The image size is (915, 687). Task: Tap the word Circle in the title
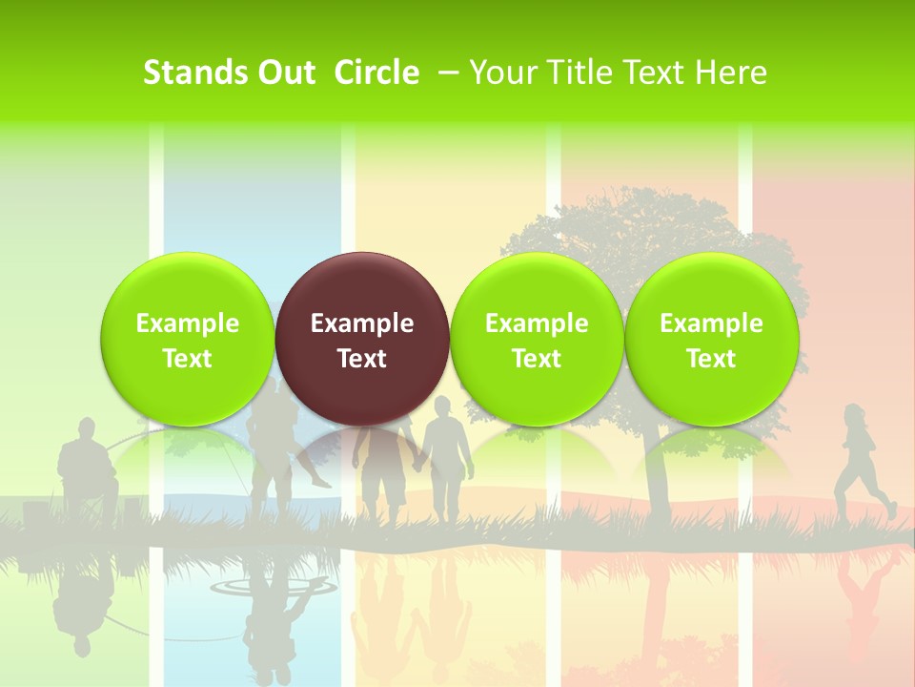point(376,73)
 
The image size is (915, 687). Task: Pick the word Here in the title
point(731,73)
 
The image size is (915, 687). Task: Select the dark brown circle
point(362,340)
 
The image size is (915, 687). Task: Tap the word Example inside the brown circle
point(362,323)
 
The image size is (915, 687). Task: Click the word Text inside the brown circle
point(362,359)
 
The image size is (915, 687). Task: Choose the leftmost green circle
point(188,340)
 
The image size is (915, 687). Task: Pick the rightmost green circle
point(712,340)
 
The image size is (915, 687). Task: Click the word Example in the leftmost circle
point(188,323)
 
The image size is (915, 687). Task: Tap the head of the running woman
point(854,415)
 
